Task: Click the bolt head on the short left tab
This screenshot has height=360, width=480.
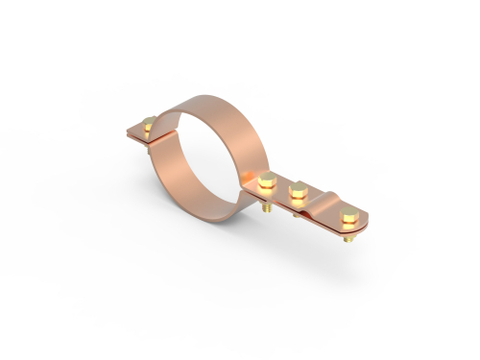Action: point(148,124)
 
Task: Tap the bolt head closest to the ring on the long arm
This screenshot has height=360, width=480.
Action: point(268,179)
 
